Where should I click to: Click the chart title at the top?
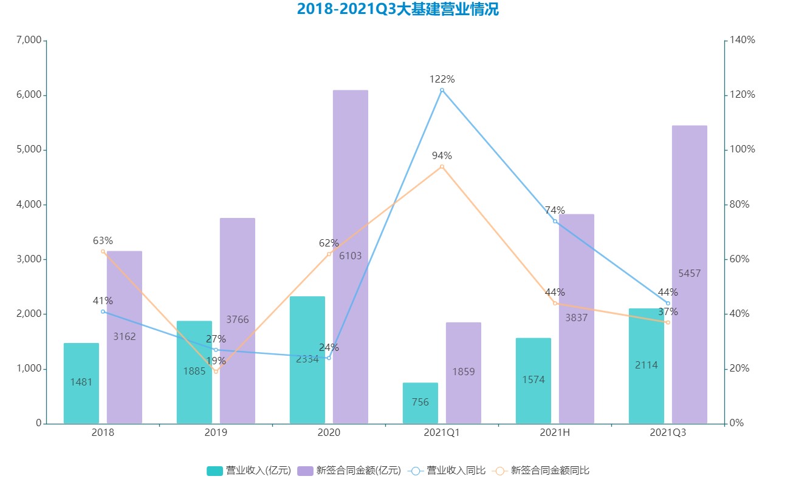[x=397, y=10]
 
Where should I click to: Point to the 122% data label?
[x=442, y=79]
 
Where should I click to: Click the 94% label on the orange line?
[x=442, y=155]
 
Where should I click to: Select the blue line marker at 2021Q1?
[x=442, y=90]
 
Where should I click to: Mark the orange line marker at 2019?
[x=216, y=372]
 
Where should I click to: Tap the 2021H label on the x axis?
[x=555, y=432]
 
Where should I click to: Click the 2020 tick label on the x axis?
[x=329, y=432]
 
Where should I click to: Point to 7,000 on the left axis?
[x=29, y=41]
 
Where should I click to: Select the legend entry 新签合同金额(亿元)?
[x=350, y=471]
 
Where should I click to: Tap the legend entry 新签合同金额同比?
[x=543, y=471]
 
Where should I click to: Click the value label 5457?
[x=690, y=274]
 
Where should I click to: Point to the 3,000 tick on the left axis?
[x=29, y=259]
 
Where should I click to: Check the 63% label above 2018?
[x=103, y=241]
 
